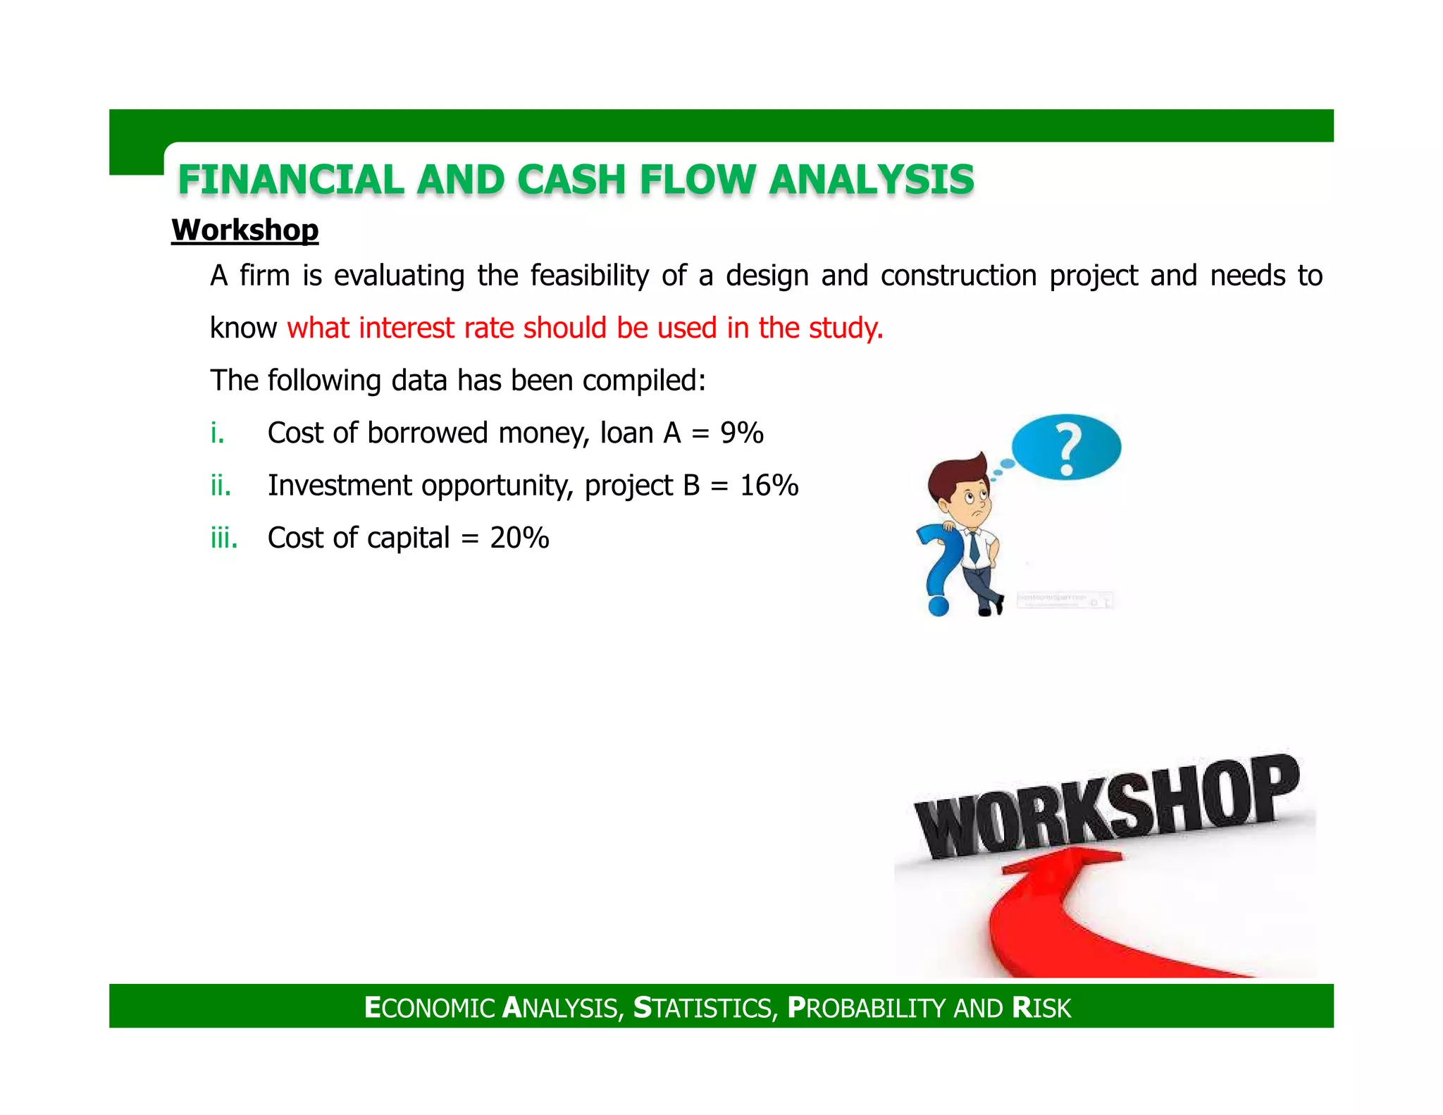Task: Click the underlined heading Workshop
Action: (244, 230)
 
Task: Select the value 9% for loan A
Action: (741, 433)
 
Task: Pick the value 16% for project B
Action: (769, 486)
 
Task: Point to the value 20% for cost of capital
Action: (519, 538)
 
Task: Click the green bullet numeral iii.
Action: (223, 538)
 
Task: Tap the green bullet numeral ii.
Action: (221, 486)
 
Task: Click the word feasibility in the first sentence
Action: (589, 276)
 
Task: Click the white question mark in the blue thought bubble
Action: (1068, 449)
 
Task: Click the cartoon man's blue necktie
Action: (973, 546)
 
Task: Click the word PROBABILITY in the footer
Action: (867, 1008)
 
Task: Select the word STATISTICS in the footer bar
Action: (705, 1008)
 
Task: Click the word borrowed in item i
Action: (427, 433)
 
